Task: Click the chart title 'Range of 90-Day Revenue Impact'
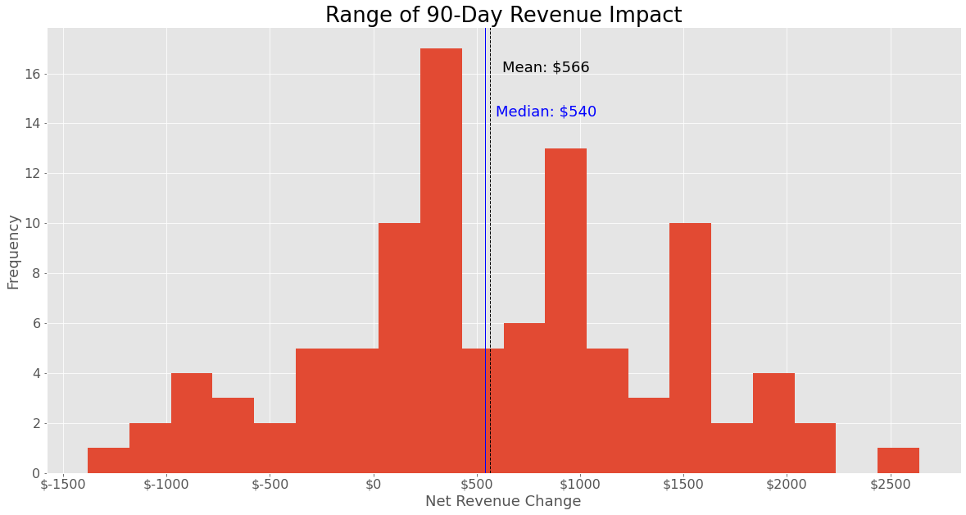click(503, 15)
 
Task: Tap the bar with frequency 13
click(565, 311)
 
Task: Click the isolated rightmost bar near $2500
click(898, 460)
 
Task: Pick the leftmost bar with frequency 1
click(108, 460)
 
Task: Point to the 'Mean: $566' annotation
click(546, 67)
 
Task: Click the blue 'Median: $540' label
click(546, 112)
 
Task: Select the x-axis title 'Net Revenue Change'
click(503, 501)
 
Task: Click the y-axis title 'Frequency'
click(13, 252)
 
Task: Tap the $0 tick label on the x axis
click(374, 484)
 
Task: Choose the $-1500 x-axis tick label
click(63, 484)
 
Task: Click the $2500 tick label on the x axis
click(890, 484)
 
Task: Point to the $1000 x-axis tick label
click(580, 484)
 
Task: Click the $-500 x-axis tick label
click(270, 484)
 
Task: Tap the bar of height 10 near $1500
click(690, 349)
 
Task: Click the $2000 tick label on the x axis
click(787, 484)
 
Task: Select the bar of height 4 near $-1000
click(192, 423)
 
